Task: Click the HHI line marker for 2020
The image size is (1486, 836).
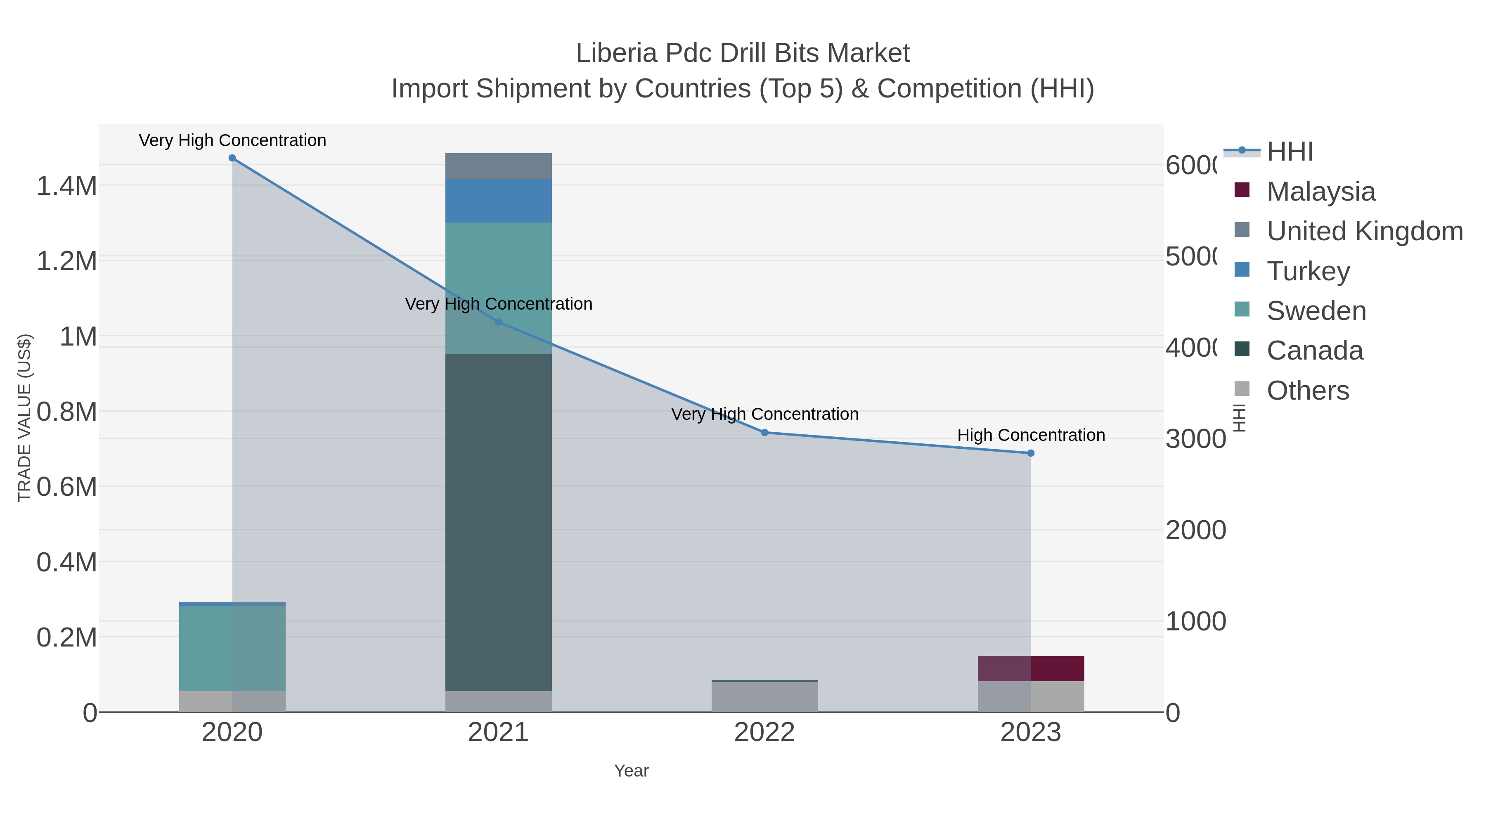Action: (x=232, y=158)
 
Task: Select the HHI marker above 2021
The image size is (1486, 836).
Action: (x=498, y=322)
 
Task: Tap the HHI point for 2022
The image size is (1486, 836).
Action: (x=764, y=432)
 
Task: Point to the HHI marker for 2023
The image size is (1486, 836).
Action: (x=1031, y=453)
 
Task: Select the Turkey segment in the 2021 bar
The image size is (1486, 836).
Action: (x=498, y=201)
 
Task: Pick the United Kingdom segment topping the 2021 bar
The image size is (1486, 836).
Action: (x=498, y=166)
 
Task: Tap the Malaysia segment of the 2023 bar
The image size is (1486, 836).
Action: (x=1031, y=668)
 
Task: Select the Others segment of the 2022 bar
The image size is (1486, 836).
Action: (x=764, y=697)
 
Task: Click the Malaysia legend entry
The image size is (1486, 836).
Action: (x=1320, y=191)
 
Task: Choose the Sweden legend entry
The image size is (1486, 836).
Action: (x=1316, y=310)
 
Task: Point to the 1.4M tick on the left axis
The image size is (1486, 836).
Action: (x=66, y=186)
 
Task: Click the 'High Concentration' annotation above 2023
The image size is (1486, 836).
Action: (x=1031, y=435)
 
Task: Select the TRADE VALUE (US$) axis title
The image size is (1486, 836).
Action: (x=24, y=418)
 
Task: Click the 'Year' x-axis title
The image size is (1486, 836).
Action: (x=631, y=771)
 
